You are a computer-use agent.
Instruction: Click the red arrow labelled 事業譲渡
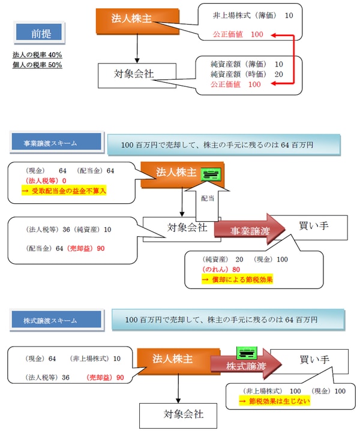pos(247,230)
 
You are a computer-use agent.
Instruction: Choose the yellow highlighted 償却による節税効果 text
pos(239,279)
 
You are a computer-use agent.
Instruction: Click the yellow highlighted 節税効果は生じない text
pos(274,401)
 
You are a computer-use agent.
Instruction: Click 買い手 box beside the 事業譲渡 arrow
pos(314,227)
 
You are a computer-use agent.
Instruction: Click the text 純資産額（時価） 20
pos(247,74)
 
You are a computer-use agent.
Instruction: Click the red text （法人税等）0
pos(46,181)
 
